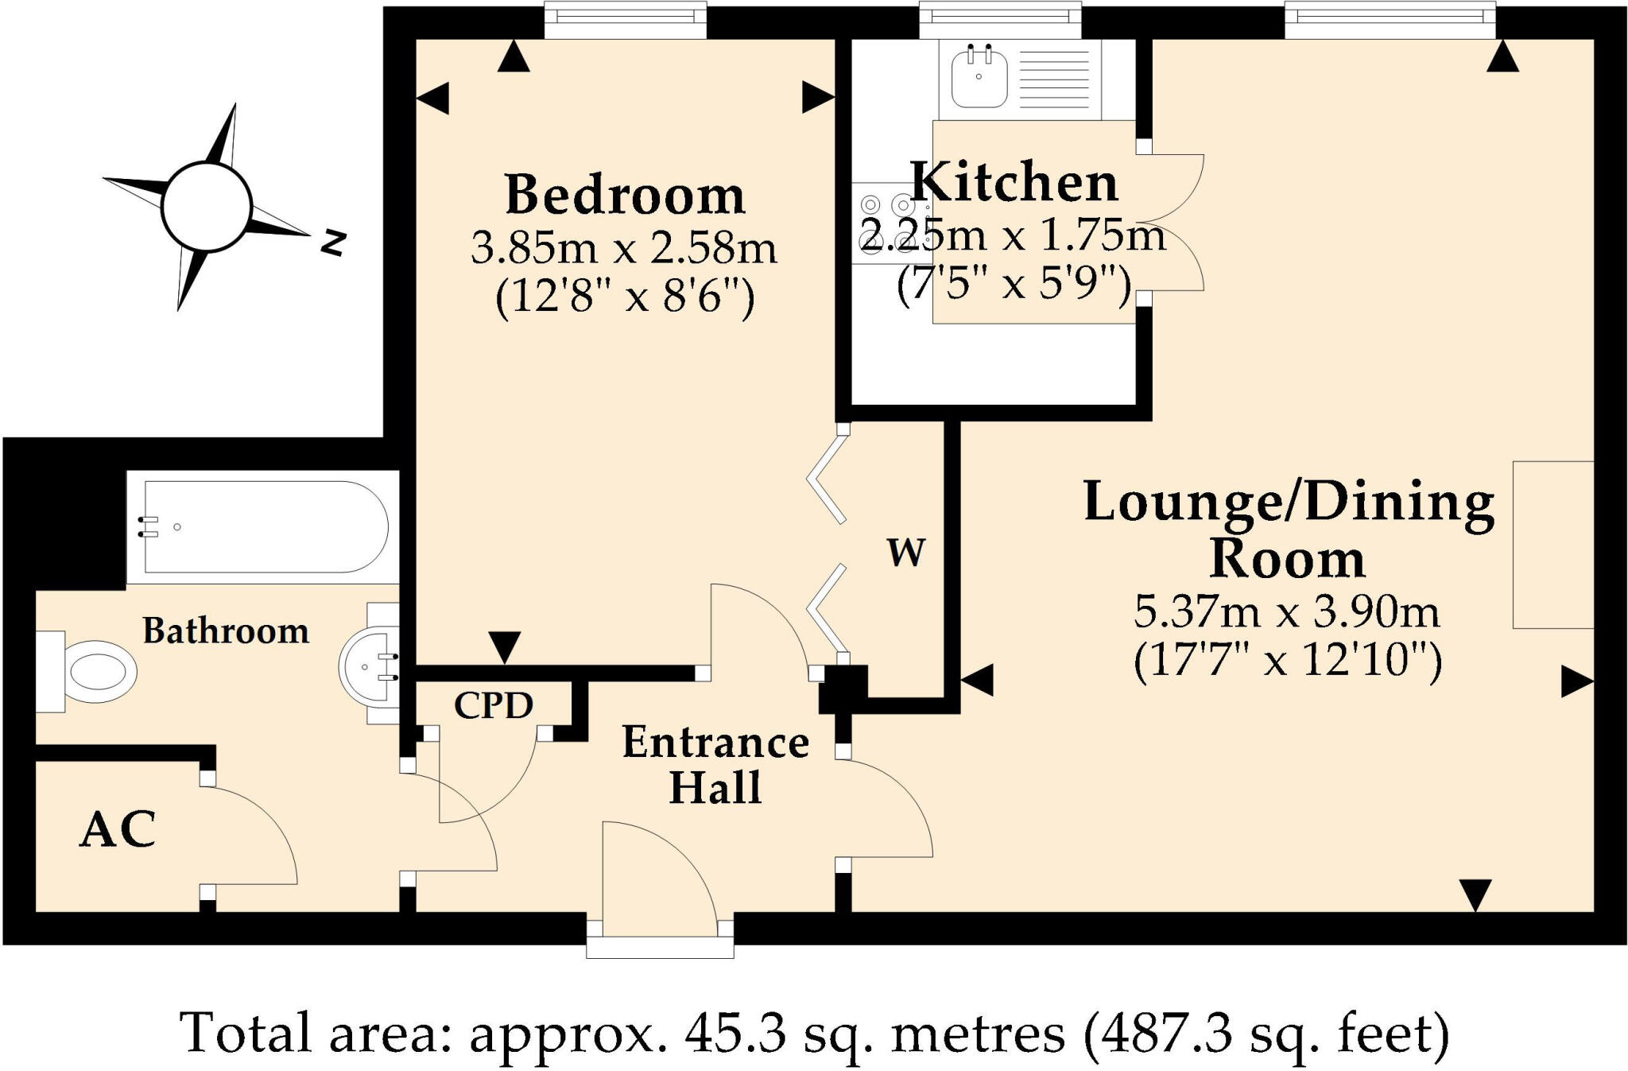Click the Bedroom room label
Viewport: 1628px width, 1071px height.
click(x=625, y=195)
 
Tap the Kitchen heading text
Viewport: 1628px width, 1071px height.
click(x=1014, y=183)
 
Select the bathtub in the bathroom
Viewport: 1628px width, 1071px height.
click(x=262, y=526)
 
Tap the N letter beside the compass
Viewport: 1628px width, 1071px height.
click(x=334, y=242)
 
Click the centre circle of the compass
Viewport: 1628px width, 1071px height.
click(x=207, y=206)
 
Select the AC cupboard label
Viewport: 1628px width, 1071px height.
click(x=118, y=830)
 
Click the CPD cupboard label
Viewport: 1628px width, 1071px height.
click(x=493, y=705)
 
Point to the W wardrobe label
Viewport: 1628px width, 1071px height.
click(x=906, y=552)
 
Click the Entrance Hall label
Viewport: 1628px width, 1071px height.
click(x=715, y=765)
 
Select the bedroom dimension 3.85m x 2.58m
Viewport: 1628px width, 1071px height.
click(x=624, y=248)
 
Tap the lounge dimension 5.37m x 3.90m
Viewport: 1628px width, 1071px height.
click(x=1286, y=612)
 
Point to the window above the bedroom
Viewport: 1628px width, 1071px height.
click(x=626, y=19)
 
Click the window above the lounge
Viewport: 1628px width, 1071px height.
click(x=1390, y=19)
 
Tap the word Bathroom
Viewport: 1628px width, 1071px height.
click(x=226, y=631)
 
